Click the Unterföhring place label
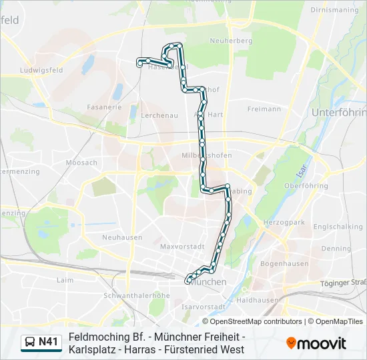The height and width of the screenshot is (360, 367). pos(338,113)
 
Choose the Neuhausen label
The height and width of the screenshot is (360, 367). pos(120,237)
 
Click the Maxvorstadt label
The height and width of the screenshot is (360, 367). pos(182,246)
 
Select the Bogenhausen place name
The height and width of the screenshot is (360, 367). pos(284,263)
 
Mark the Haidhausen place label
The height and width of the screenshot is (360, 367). pos(257,300)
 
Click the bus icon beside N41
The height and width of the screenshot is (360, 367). pos(30,343)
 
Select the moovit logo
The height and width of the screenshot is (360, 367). pos(316,343)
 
